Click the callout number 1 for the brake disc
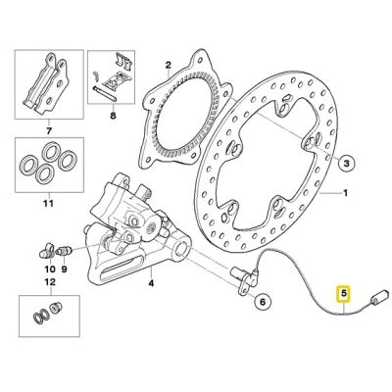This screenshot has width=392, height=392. click(344, 194)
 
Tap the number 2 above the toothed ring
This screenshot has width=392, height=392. click(169, 65)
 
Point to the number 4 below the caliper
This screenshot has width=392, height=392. click(150, 285)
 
